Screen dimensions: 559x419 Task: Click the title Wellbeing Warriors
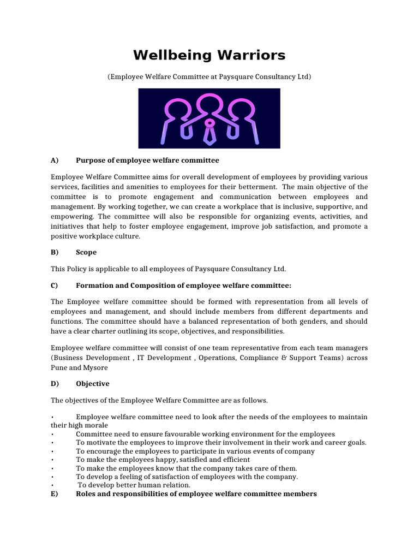point(209,56)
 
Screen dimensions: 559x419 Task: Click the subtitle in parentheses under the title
point(209,77)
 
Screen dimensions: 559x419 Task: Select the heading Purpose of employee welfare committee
point(147,160)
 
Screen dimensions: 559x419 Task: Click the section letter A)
point(55,160)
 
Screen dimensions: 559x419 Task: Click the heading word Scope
point(86,252)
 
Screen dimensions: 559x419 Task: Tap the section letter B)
point(55,252)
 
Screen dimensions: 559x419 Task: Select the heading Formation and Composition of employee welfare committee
point(183,285)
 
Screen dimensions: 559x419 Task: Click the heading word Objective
point(92,384)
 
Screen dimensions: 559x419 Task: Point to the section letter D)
point(55,384)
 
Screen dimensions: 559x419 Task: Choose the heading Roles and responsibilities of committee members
point(196,493)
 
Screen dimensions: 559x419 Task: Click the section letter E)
point(55,493)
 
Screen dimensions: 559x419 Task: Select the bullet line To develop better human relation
point(134,485)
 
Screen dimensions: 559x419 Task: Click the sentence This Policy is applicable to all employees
point(168,269)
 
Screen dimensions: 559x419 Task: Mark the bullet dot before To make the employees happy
point(52,460)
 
